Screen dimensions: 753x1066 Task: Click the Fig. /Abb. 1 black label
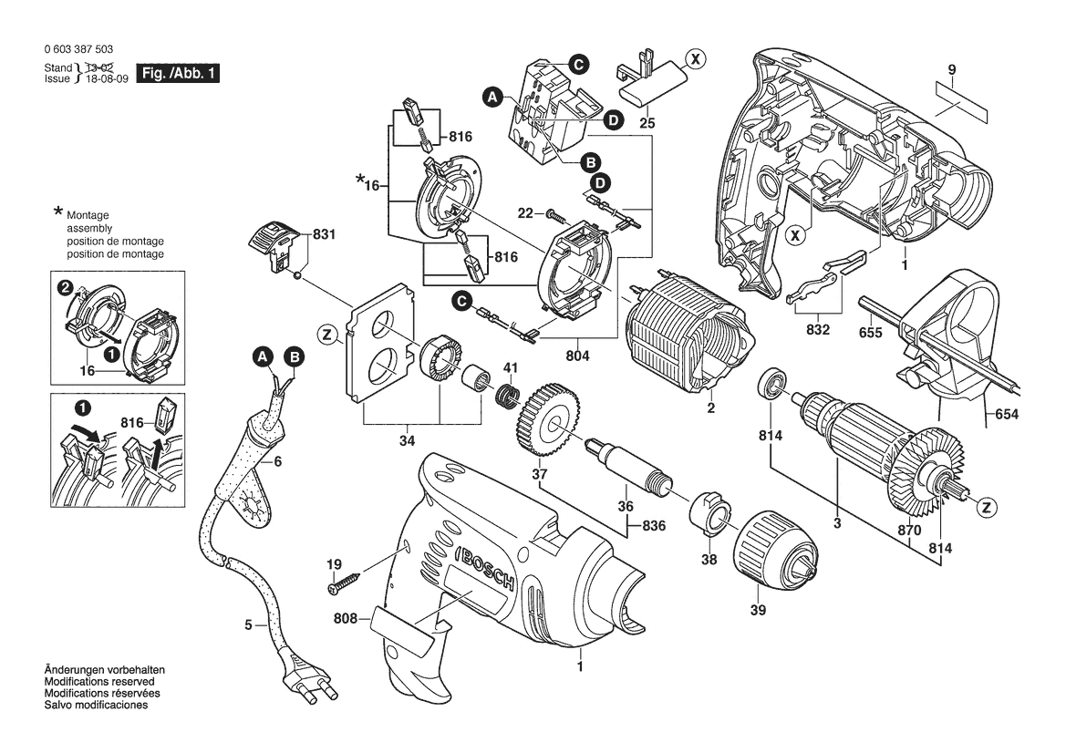[177, 73]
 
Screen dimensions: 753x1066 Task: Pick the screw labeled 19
[345, 580]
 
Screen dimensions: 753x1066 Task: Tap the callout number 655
[871, 334]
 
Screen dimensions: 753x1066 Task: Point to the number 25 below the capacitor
[647, 122]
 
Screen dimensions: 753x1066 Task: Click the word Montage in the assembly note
[88, 215]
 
